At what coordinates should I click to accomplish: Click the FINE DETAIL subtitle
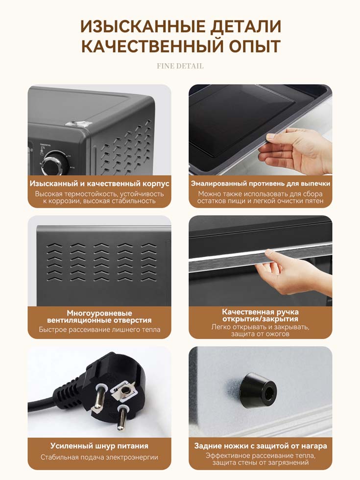[180, 66]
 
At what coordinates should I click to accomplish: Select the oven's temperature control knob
[55, 163]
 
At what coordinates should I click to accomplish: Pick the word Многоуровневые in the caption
[99, 313]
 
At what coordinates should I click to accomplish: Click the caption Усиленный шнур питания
[99, 446]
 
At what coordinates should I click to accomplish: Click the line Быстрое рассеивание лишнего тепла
[99, 330]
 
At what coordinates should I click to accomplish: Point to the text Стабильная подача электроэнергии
[99, 457]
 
